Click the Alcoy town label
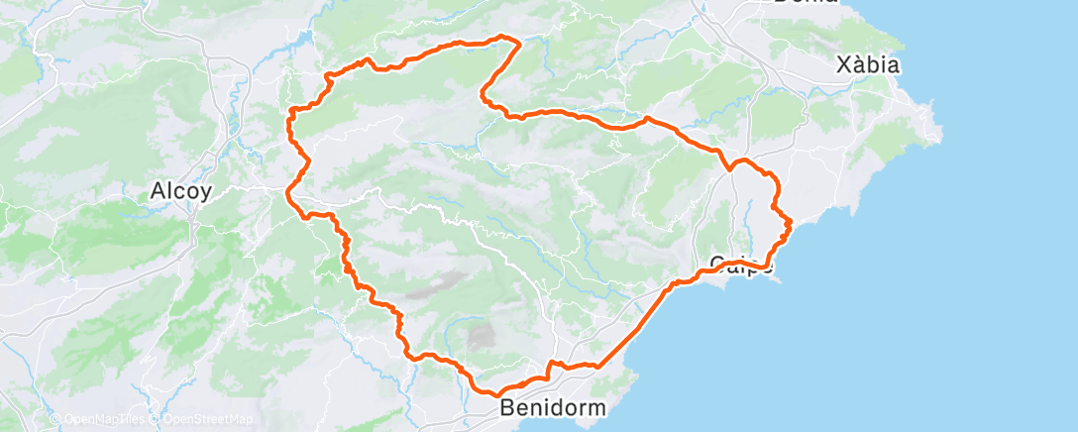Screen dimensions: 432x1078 click(x=179, y=191)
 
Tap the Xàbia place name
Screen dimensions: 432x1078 click(x=867, y=65)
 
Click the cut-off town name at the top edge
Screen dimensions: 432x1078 click(x=805, y=3)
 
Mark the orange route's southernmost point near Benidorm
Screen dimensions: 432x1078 click(x=493, y=393)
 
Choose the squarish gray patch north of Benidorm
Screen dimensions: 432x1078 click(x=482, y=336)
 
